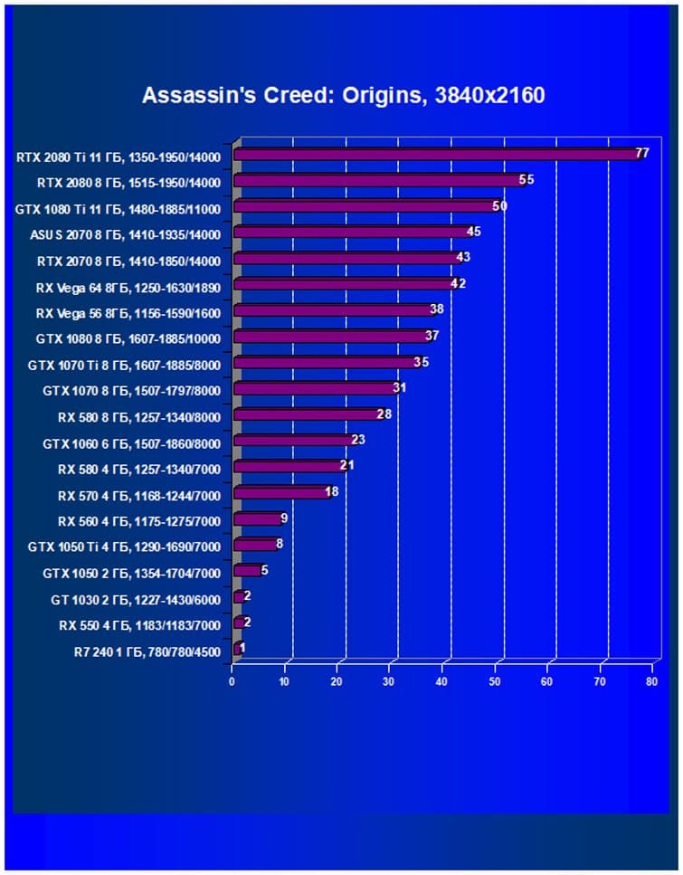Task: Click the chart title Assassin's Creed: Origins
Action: coord(343,95)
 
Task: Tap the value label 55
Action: coord(526,180)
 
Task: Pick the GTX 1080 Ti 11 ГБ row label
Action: coord(118,207)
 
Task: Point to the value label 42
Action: coord(459,284)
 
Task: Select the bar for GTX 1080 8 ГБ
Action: coord(330,337)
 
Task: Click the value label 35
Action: coord(421,363)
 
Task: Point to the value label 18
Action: coord(331,492)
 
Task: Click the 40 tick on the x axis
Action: coord(442,681)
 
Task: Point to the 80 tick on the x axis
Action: coord(651,681)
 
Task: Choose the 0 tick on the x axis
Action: coord(232,681)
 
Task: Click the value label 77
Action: coord(642,154)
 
